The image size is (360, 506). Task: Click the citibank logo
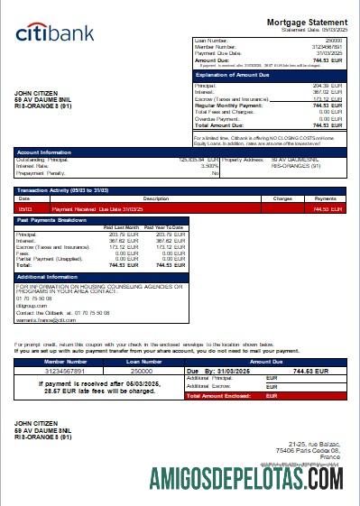(54, 34)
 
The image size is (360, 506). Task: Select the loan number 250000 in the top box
(334, 41)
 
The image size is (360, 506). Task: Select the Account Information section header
(44, 152)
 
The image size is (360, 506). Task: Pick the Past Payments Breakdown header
(53, 219)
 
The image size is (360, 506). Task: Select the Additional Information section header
(50, 276)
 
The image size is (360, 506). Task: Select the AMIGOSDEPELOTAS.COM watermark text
(254, 479)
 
